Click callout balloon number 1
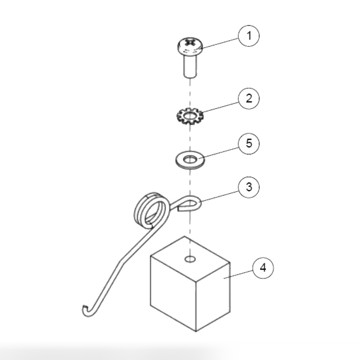click(249, 36)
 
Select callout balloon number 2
click(249, 98)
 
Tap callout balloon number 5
click(249, 143)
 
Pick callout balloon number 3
click(249, 187)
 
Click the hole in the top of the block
click(190, 259)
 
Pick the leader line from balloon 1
click(220, 43)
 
